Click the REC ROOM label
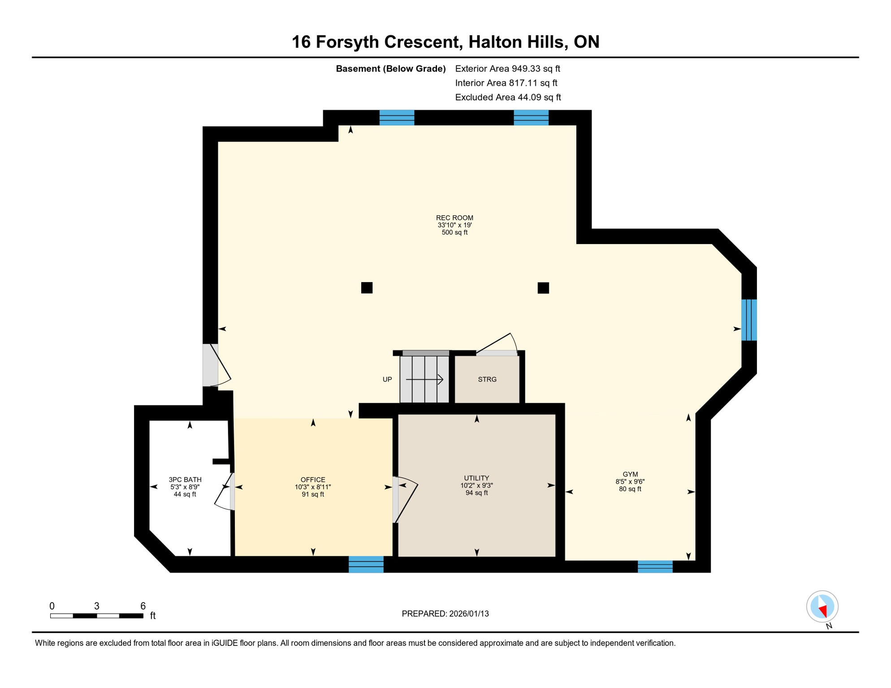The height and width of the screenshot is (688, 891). [454, 218]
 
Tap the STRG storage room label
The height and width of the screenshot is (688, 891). [487, 379]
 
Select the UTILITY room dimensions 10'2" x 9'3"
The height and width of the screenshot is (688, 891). [476, 486]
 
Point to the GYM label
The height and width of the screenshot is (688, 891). [630, 474]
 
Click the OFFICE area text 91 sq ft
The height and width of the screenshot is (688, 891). [312, 494]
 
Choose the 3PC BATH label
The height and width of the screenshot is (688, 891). [185, 480]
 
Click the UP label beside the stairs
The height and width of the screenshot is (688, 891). [387, 379]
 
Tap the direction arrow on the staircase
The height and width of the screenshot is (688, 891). [425, 379]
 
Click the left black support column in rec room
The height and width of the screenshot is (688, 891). [367, 288]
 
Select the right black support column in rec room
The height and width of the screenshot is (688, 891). [543, 288]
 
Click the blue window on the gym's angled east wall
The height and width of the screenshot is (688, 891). [749, 320]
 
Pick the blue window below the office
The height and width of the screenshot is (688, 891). [366, 564]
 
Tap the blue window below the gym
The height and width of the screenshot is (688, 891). [655, 567]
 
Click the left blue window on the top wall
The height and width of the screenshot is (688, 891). [397, 117]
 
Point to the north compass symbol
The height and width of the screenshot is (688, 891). [822, 606]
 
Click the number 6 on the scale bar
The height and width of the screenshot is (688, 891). [143, 606]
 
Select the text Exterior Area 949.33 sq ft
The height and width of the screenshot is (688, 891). [507, 69]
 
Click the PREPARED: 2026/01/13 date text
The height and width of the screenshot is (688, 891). [445, 614]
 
